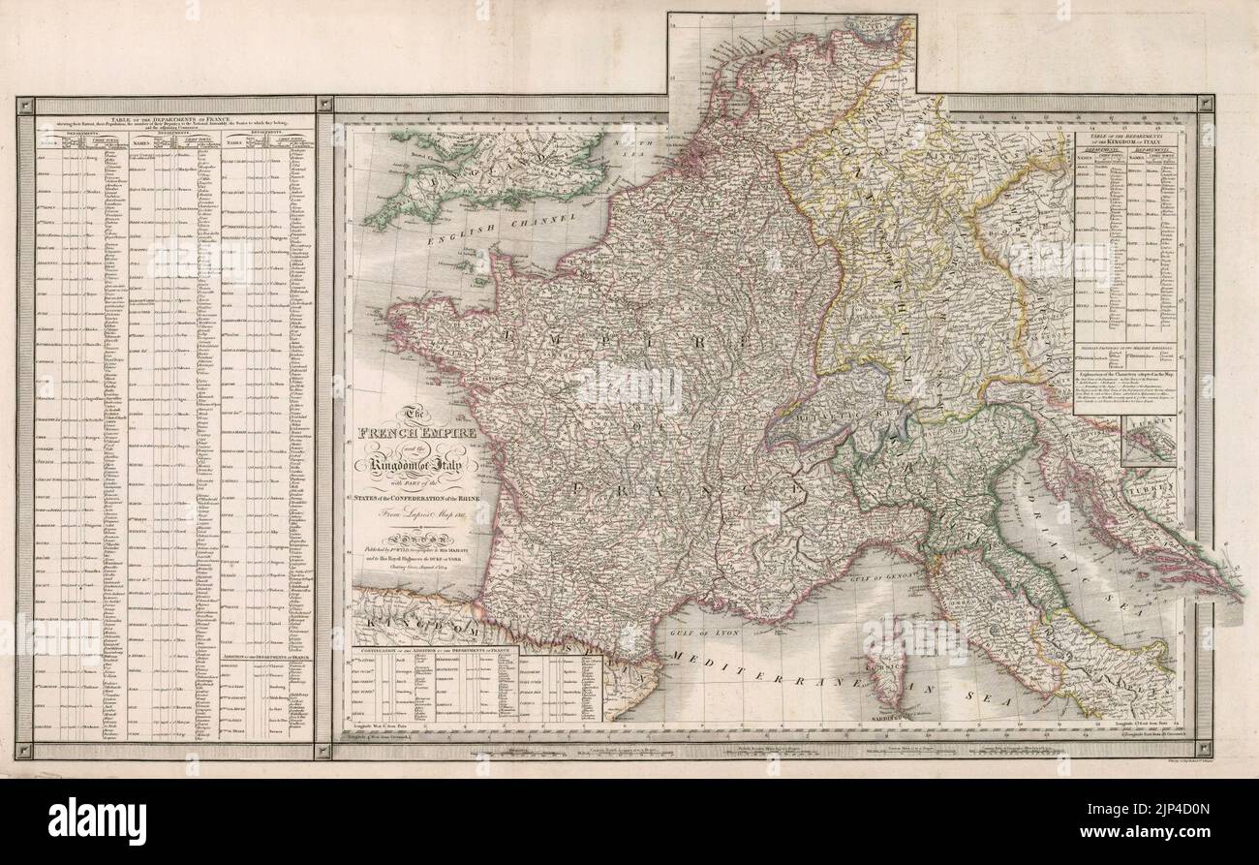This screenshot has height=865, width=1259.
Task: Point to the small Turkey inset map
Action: [1149, 440]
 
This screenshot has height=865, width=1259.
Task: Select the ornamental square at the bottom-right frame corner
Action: [1205, 750]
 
